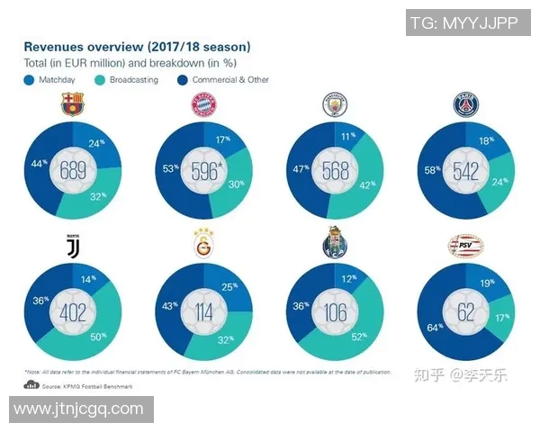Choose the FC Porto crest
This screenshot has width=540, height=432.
click(x=334, y=243)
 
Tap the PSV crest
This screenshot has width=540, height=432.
click(x=465, y=244)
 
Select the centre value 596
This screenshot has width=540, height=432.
click(x=204, y=171)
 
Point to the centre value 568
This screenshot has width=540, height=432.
click(x=334, y=171)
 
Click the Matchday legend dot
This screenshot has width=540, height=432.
click(x=28, y=79)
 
